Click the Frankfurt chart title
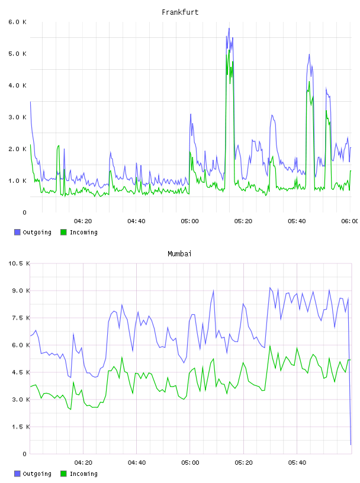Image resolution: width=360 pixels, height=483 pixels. (180, 12)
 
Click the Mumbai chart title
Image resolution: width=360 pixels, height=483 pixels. (179, 254)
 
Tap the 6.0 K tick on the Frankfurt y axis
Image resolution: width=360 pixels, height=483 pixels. (17, 22)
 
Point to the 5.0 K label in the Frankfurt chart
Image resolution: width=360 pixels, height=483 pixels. (17, 54)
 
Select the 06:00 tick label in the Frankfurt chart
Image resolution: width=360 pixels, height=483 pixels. (349, 221)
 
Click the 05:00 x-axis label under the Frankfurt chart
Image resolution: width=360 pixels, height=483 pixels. (189, 221)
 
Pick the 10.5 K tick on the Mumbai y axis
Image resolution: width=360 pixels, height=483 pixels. (19, 263)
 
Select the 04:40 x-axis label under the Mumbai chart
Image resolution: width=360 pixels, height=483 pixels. (137, 463)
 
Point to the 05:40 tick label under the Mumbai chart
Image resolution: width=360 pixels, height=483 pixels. (297, 463)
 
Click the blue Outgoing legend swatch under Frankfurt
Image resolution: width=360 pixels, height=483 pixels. (17, 232)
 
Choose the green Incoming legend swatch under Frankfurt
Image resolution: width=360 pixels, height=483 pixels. (63, 232)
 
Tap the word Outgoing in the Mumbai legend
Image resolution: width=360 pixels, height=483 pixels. (37, 474)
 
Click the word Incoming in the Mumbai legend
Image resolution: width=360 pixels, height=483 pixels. (83, 474)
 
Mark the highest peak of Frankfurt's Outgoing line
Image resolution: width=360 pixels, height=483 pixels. (229, 28)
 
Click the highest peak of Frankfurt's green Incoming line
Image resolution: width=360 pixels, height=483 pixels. (229, 50)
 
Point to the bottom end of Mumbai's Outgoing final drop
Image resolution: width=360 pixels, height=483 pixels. (351, 445)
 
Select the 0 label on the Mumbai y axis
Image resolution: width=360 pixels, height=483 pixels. (25, 454)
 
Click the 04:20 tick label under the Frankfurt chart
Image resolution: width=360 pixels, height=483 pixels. (83, 221)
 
